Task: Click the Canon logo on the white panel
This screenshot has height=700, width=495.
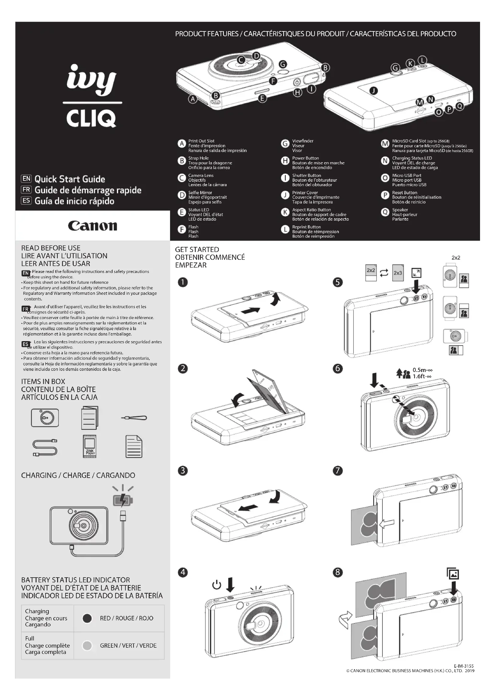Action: (92, 226)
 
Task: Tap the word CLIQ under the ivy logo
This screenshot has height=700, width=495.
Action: (91, 119)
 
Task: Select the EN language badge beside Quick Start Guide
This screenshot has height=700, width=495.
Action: (26, 179)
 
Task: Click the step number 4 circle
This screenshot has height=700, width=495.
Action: (183, 572)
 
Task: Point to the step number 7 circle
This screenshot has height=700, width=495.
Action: (337, 470)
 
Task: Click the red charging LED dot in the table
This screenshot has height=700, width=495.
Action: (87, 618)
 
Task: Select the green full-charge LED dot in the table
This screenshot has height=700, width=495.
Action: (87, 646)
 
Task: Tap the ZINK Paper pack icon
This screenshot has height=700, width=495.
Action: (89, 446)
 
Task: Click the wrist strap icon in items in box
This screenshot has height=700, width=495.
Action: (134, 418)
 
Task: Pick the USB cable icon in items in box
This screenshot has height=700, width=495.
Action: (45, 447)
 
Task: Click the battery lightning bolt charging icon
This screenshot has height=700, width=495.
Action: (123, 500)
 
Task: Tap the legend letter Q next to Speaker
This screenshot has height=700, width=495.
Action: (385, 212)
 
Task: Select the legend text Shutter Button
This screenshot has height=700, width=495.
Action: (306, 175)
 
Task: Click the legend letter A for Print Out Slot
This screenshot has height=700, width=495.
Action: (182, 144)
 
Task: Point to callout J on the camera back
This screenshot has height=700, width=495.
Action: (373, 91)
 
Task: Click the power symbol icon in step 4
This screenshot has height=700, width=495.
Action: (216, 585)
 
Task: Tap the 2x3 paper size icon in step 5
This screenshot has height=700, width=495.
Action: (397, 273)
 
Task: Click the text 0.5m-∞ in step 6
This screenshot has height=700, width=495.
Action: (423, 370)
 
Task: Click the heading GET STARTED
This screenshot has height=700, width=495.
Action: (197, 249)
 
